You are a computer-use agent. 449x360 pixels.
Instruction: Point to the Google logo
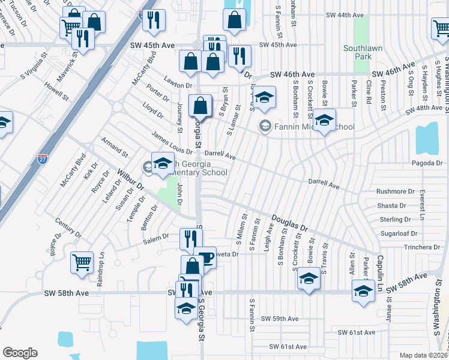20,353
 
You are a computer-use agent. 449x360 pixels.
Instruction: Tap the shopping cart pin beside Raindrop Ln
82,262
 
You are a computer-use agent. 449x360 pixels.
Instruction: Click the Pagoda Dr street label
427,163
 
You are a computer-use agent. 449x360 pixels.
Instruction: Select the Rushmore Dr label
395,192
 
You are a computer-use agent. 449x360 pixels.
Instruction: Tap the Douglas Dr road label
289,224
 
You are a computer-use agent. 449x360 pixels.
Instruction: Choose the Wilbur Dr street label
131,181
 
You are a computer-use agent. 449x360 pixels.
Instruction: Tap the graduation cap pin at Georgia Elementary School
163,163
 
